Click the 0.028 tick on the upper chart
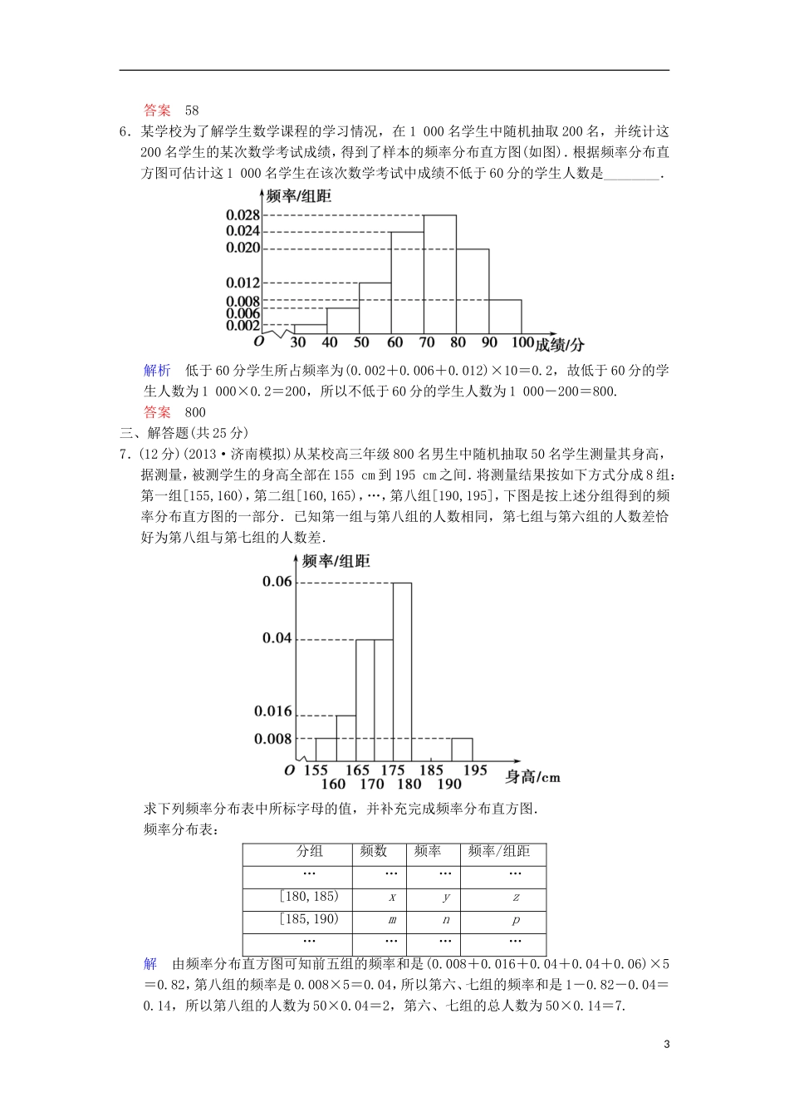point(243,215)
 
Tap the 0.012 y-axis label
point(243,283)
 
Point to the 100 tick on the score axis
point(522,342)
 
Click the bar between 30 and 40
point(310,329)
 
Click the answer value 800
point(195,411)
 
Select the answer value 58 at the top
point(192,110)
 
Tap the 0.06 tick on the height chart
point(277,582)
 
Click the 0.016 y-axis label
point(273,711)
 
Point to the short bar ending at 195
point(462,749)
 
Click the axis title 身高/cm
point(532,777)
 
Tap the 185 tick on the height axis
point(431,770)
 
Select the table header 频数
point(374,851)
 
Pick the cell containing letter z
point(516,898)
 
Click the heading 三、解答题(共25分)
point(184,432)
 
